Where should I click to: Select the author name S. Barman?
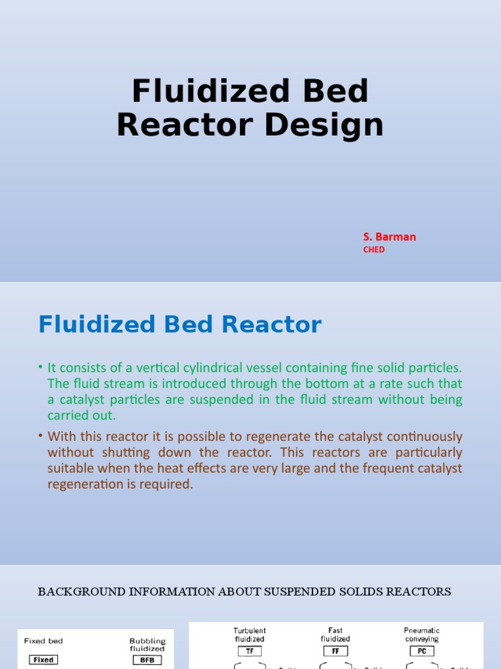click(389, 237)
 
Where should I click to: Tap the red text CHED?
click(374, 250)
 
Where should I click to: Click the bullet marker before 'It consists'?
click(40, 368)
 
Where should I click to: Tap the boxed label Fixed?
click(44, 659)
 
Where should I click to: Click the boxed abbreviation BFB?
click(147, 659)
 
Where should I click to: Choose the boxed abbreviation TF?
click(249, 651)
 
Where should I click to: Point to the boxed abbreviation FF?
click(335, 651)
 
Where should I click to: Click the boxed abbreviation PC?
click(421, 651)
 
